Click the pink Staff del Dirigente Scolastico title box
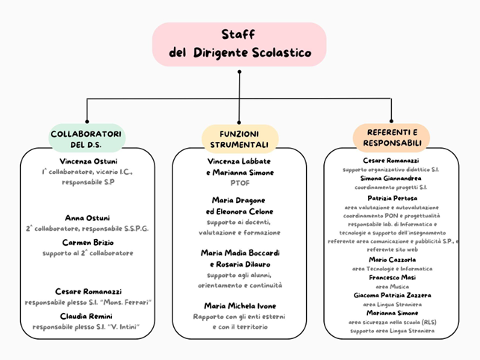coord(240,43)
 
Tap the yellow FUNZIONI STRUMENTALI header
coord(240,138)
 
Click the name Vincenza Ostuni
coord(88,161)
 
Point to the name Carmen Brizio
coord(88,243)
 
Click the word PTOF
coord(240,181)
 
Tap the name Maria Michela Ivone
coord(240,305)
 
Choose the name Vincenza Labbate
coord(240,161)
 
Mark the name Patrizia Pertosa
coord(390,198)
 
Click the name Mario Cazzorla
coord(390,258)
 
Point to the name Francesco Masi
coord(390,276)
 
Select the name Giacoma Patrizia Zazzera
coord(392,295)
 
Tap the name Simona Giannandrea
coord(390,179)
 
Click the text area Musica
coord(391,285)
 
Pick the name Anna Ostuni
coord(88,218)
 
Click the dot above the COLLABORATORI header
coord(87,122)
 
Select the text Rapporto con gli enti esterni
coord(240,316)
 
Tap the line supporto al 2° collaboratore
coord(88,253)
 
